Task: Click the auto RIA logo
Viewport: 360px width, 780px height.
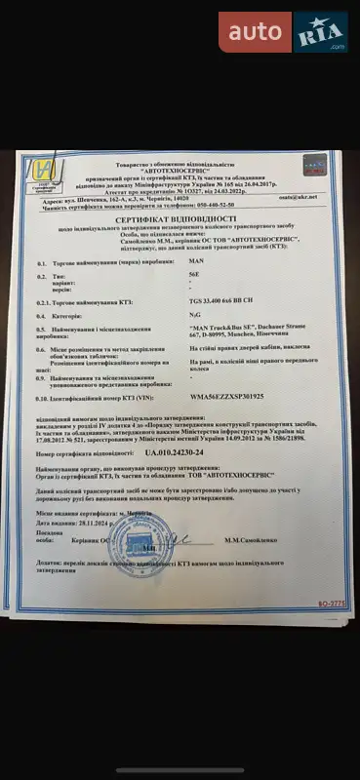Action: [283, 32]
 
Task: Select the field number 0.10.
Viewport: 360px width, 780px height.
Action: [41, 399]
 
